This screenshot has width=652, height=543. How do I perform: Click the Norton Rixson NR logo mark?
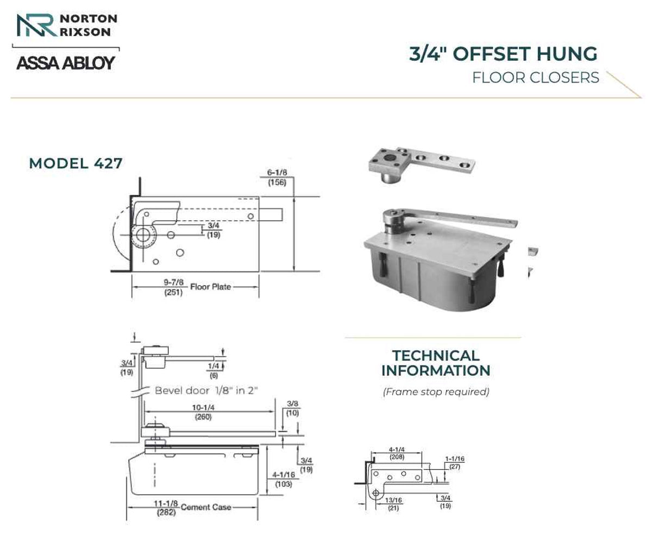coord(37,26)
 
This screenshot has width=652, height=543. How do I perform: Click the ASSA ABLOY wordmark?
coord(66,63)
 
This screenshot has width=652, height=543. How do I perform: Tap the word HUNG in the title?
coord(567,54)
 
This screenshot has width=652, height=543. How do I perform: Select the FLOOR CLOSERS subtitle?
coord(535,78)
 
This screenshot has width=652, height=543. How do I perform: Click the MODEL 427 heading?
coord(76,163)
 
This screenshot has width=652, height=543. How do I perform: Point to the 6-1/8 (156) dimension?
coord(277,177)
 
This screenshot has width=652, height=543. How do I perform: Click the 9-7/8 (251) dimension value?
coord(174,287)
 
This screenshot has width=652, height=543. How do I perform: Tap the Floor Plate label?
coord(210,287)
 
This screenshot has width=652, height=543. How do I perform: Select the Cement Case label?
coord(206,507)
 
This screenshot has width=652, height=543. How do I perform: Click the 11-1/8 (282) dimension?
coord(166,508)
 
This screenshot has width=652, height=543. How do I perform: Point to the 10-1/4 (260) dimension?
coord(203,412)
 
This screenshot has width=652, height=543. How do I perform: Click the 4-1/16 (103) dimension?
coord(284,479)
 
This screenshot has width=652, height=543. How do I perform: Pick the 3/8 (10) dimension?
coord(293,408)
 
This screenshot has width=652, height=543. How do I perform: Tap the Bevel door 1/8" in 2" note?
coord(206,390)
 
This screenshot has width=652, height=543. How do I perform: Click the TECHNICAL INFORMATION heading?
coord(436,363)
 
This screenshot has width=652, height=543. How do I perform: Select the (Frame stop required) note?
coord(436,392)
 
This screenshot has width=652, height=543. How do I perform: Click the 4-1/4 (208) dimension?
coord(397,453)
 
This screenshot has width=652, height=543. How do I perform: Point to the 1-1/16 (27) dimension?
coord(455,463)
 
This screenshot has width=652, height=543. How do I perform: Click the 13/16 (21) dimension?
coord(393,504)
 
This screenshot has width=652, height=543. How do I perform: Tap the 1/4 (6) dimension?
coord(214,370)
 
